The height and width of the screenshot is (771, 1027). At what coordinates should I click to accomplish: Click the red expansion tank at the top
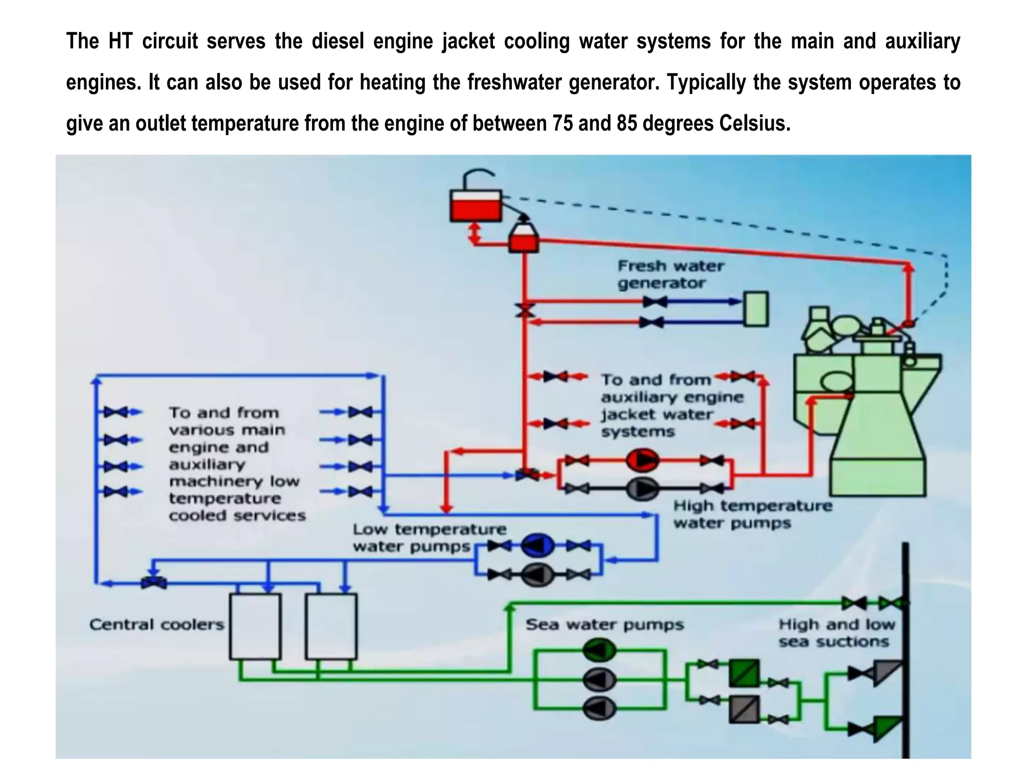[x=475, y=206]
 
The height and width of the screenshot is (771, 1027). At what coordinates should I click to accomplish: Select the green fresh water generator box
[x=755, y=309]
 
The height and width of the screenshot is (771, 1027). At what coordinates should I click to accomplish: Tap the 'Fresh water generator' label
[x=670, y=274]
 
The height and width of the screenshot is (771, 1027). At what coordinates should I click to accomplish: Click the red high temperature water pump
[x=642, y=460]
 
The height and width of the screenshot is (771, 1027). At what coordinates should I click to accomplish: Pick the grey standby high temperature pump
[x=642, y=488]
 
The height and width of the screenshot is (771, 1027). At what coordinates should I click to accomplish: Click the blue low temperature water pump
[x=538, y=546]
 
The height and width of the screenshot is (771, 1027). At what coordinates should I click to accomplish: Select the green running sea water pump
[x=600, y=651]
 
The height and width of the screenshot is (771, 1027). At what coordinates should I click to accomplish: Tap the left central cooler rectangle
[x=255, y=626]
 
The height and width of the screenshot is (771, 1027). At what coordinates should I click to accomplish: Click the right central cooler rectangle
[x=331, y=626]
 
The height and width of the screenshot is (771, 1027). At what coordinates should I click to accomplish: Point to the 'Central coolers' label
[x=156, y=624]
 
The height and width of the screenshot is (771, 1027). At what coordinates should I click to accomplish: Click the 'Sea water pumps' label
[x=605, y=624]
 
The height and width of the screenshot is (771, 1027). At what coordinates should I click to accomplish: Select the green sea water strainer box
[x=744, y=673]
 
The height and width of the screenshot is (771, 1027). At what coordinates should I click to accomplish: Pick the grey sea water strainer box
[x=744, y=709]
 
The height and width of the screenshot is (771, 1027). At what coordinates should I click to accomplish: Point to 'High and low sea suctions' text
[x=836, y=633]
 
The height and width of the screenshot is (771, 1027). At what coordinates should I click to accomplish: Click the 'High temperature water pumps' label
[x=752, y=514]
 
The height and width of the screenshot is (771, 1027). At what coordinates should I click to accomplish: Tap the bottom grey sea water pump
[x=600, y=708]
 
